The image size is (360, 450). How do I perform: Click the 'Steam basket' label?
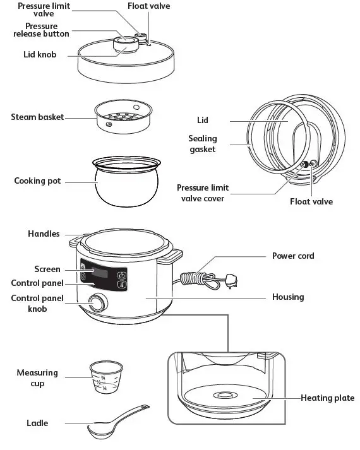coord(37,117)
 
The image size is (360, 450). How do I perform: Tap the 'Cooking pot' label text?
coord(37,181)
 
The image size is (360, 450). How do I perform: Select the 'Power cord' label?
coord(292,256)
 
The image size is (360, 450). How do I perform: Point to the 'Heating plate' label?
coord(327,398)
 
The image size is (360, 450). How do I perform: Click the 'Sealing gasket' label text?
coord(202,144)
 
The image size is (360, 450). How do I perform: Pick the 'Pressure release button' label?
coord(41,30)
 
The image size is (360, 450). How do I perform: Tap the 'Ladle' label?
coord(37,422)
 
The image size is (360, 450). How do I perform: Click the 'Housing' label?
coord(287,297)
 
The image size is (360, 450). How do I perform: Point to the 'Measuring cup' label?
coord(37,378)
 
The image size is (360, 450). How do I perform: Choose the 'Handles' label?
coord(44,234)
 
